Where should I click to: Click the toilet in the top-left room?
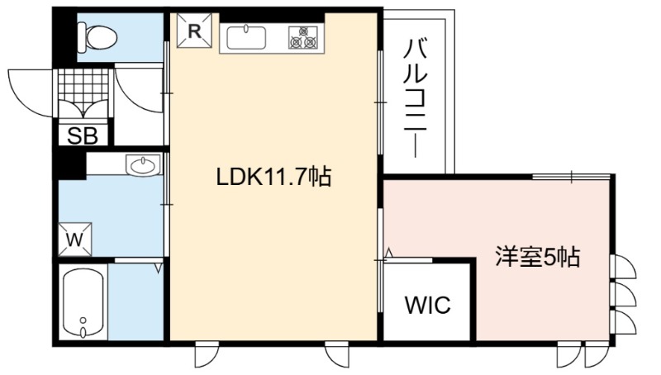point(97,37)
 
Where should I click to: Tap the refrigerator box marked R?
point(194,31)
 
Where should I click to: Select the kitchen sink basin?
point(246,38)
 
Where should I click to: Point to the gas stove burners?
point(303,37)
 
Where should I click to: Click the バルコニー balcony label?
point(416,97)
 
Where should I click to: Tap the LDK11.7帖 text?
point(273,177)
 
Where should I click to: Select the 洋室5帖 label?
point(538,256)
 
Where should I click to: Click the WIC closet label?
point(427,304)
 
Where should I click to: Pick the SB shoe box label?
point(83,135)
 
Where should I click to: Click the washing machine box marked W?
point(74,240)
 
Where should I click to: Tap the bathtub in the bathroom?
point(83,302)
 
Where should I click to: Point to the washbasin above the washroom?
point(143,165)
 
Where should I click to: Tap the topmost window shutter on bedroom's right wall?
point(624,267)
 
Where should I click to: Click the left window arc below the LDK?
point(207,355)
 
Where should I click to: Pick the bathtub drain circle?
point(83,320)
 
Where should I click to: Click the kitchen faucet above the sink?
point(245,29)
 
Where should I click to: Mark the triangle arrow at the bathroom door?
point(159,268)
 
